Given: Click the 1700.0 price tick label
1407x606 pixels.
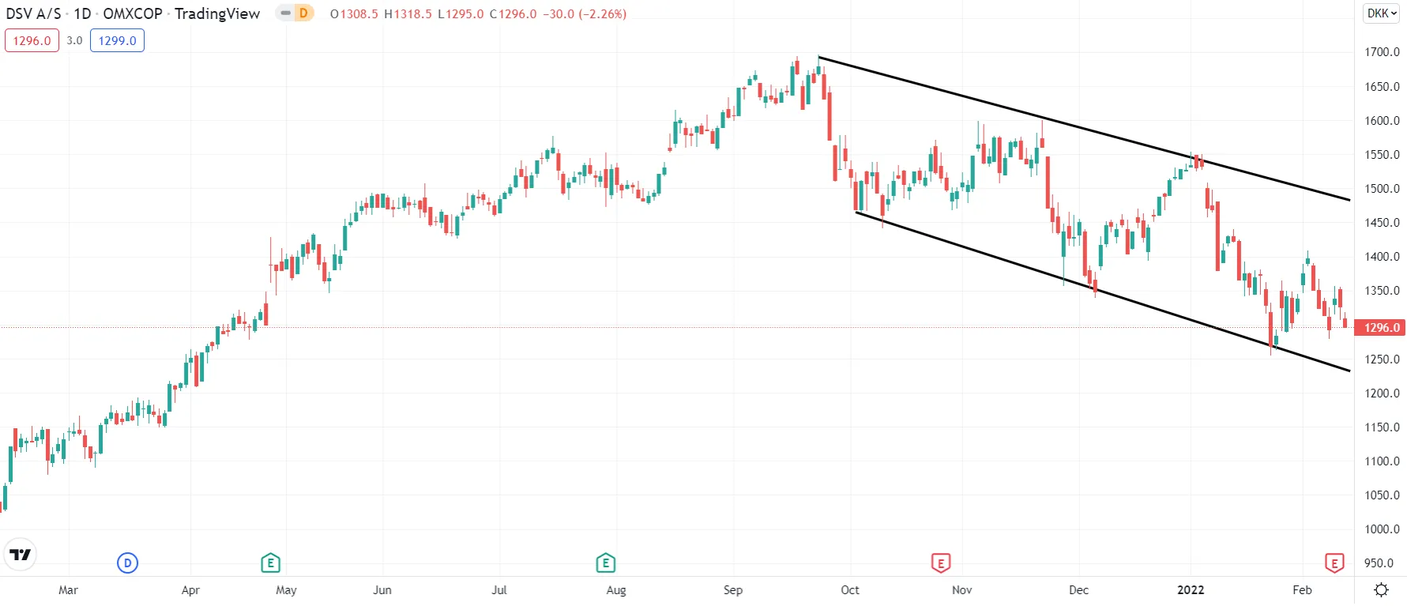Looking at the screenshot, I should tap(1382, 52).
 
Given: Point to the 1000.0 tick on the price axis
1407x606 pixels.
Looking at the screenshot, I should tap(1382, 529).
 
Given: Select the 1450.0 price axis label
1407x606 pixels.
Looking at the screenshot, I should tap(1382, 223).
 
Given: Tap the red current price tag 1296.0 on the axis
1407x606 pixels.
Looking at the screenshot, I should tap(1381, 328).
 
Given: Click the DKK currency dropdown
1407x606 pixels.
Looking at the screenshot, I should tap(1382, 13).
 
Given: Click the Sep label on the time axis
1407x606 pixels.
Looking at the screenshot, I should tap(733, 590).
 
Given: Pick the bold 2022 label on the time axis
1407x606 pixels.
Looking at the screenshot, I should tap(1191, 590).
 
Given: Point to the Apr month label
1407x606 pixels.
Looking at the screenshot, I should tap(190, 590).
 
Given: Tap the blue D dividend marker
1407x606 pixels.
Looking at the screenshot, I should tap(127, 563).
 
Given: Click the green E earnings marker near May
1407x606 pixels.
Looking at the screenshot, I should tap(270, 563).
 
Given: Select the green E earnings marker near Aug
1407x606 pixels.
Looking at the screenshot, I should tap(605, 563).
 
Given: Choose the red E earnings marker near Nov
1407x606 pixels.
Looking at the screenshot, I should tap(940, 563).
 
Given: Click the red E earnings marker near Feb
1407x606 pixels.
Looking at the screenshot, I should tap(1334, 563).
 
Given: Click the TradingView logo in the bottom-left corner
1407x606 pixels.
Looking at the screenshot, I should tap(20, 555).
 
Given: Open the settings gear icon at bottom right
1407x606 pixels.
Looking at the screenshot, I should tap(1382, 590).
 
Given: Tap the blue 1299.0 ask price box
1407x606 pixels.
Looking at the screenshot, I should tap(117, 40).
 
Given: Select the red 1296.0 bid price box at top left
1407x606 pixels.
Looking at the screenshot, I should tap(32, 40).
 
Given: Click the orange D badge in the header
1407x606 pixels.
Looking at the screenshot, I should tap(303, 13).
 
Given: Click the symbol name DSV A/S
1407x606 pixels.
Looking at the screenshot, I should tap(33, 13).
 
